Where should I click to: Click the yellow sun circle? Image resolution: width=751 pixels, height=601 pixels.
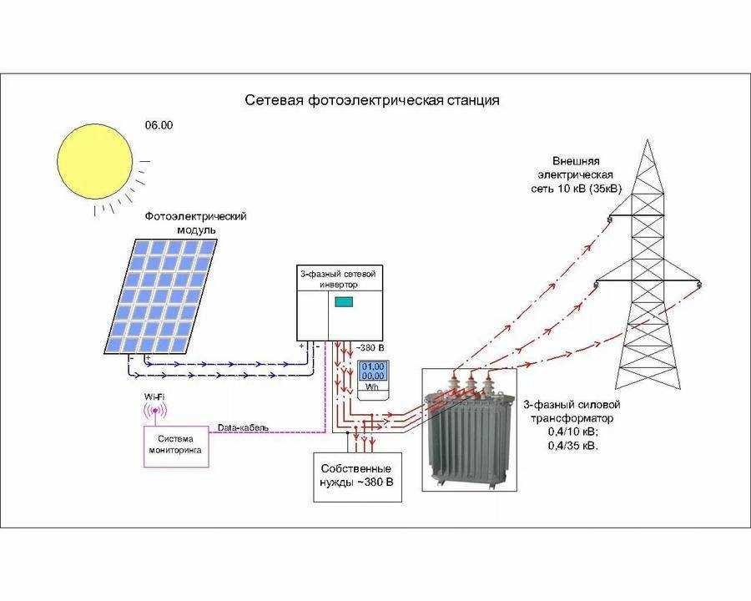95,161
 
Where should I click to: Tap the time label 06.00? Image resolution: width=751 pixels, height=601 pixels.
159,125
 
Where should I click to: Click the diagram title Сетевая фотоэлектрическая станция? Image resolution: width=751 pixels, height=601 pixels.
372,100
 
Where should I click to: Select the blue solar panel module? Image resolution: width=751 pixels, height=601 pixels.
161,296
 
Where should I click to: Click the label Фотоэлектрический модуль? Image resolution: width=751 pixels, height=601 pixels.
196,223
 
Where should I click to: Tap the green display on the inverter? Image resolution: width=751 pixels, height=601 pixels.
344,302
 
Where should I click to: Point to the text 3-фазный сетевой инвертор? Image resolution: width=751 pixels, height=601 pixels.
338,279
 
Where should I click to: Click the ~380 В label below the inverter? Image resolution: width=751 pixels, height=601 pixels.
370,347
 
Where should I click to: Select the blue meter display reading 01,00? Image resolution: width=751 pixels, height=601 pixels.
373,371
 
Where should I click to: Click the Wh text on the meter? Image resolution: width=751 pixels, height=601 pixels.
372,386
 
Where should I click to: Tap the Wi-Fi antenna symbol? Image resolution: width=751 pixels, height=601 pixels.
154,412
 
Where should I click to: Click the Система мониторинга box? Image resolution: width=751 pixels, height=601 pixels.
176,446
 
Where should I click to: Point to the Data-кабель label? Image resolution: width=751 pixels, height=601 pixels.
244,427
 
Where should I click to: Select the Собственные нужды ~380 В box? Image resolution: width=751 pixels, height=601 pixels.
356,477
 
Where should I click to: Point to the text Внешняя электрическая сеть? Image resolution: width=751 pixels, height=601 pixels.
576,174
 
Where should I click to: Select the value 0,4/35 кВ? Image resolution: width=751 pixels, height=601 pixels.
572,446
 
